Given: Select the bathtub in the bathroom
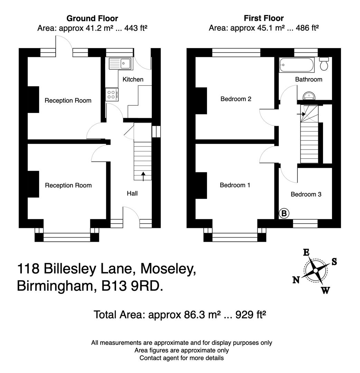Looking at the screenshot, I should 297,65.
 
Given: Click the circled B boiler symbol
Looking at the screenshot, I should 284,214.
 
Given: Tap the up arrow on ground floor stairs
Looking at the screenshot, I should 143,176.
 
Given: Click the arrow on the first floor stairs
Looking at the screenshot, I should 301,114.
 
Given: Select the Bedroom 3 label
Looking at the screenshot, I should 306,194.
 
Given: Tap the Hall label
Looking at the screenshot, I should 132,193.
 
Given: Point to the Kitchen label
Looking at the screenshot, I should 133,79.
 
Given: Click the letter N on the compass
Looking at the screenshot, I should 296,280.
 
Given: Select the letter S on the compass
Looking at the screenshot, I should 334,262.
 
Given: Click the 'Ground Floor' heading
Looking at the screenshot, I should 92,18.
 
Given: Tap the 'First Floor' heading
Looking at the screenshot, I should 264,18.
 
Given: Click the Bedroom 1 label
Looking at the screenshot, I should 235,185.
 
